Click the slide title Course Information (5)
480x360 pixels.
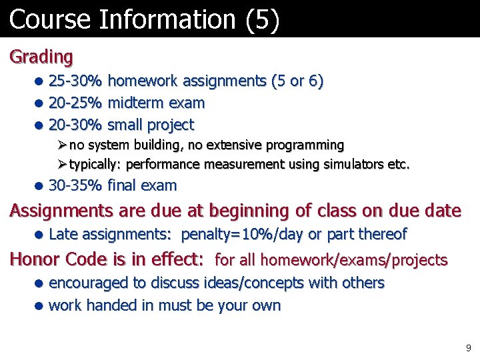click(x=144, y=19)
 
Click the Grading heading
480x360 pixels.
click(x=41, y=57)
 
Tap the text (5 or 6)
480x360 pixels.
click(x=297, y=81)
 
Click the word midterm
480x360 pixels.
click(x=136, y=103)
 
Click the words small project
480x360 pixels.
click(x=151, y=125)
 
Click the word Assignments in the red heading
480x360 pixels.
click(x=61, y=211)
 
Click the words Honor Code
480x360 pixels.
click(x=63, y=259)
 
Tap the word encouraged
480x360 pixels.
click(x=89, y=283)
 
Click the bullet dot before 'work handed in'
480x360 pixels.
click(x=40, y=306)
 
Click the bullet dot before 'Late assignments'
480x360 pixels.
click(x=40, y=235)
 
